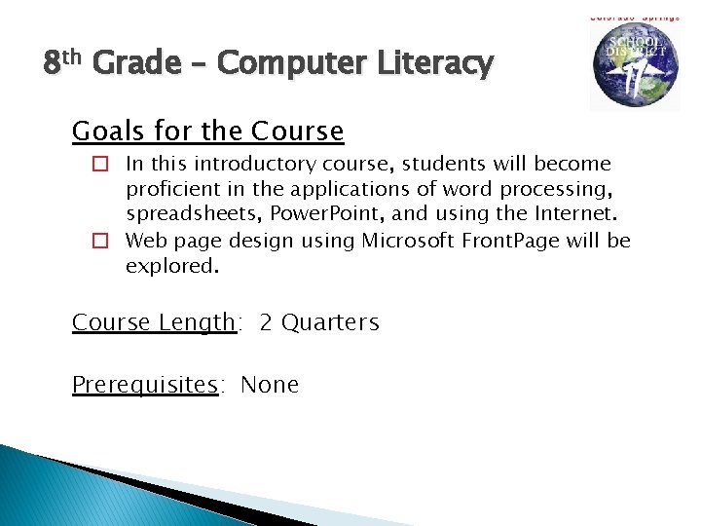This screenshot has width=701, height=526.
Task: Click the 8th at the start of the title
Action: tap(65, 64)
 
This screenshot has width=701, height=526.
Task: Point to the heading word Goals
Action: tap(105, 131)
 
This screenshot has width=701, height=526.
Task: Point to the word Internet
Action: tap(574, 214)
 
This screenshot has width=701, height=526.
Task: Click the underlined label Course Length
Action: tap(154, 322)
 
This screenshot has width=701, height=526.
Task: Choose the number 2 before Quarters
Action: tap(266, 322)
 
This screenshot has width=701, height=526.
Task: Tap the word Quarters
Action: tap(331, 322)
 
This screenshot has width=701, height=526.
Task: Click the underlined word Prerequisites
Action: tap(145, 385)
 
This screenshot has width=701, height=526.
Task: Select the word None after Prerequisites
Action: tap(270, 385)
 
